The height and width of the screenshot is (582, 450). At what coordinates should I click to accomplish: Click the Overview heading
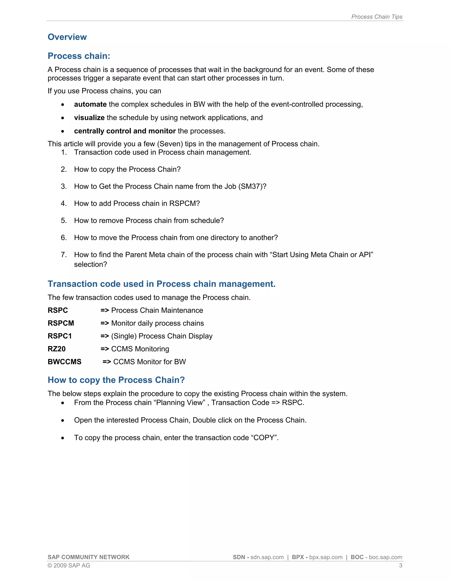point(67,37)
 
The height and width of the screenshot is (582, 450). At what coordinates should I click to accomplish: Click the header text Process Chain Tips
point(376,17)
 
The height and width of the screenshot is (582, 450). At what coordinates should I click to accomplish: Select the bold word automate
point(90,104)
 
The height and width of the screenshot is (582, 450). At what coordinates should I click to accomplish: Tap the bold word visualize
point(89,117)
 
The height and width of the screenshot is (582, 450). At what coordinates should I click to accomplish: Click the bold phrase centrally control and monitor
point(125,131)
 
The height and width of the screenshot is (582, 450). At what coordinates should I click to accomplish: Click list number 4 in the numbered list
point(64,203)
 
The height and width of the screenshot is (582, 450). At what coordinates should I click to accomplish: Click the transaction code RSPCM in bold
point(61,323)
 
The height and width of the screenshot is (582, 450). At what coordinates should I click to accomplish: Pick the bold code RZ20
point(56,349)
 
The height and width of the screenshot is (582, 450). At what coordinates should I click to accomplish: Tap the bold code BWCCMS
point(65,362)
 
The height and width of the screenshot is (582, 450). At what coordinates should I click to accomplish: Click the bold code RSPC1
point(60,336)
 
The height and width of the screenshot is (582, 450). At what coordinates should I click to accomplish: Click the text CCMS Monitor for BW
point(149,362)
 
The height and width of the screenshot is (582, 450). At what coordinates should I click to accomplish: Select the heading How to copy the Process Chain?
point(116,380)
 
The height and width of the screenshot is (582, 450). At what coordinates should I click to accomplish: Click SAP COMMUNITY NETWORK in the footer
point(89,557)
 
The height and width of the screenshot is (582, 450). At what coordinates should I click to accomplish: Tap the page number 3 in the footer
point(400,565)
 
